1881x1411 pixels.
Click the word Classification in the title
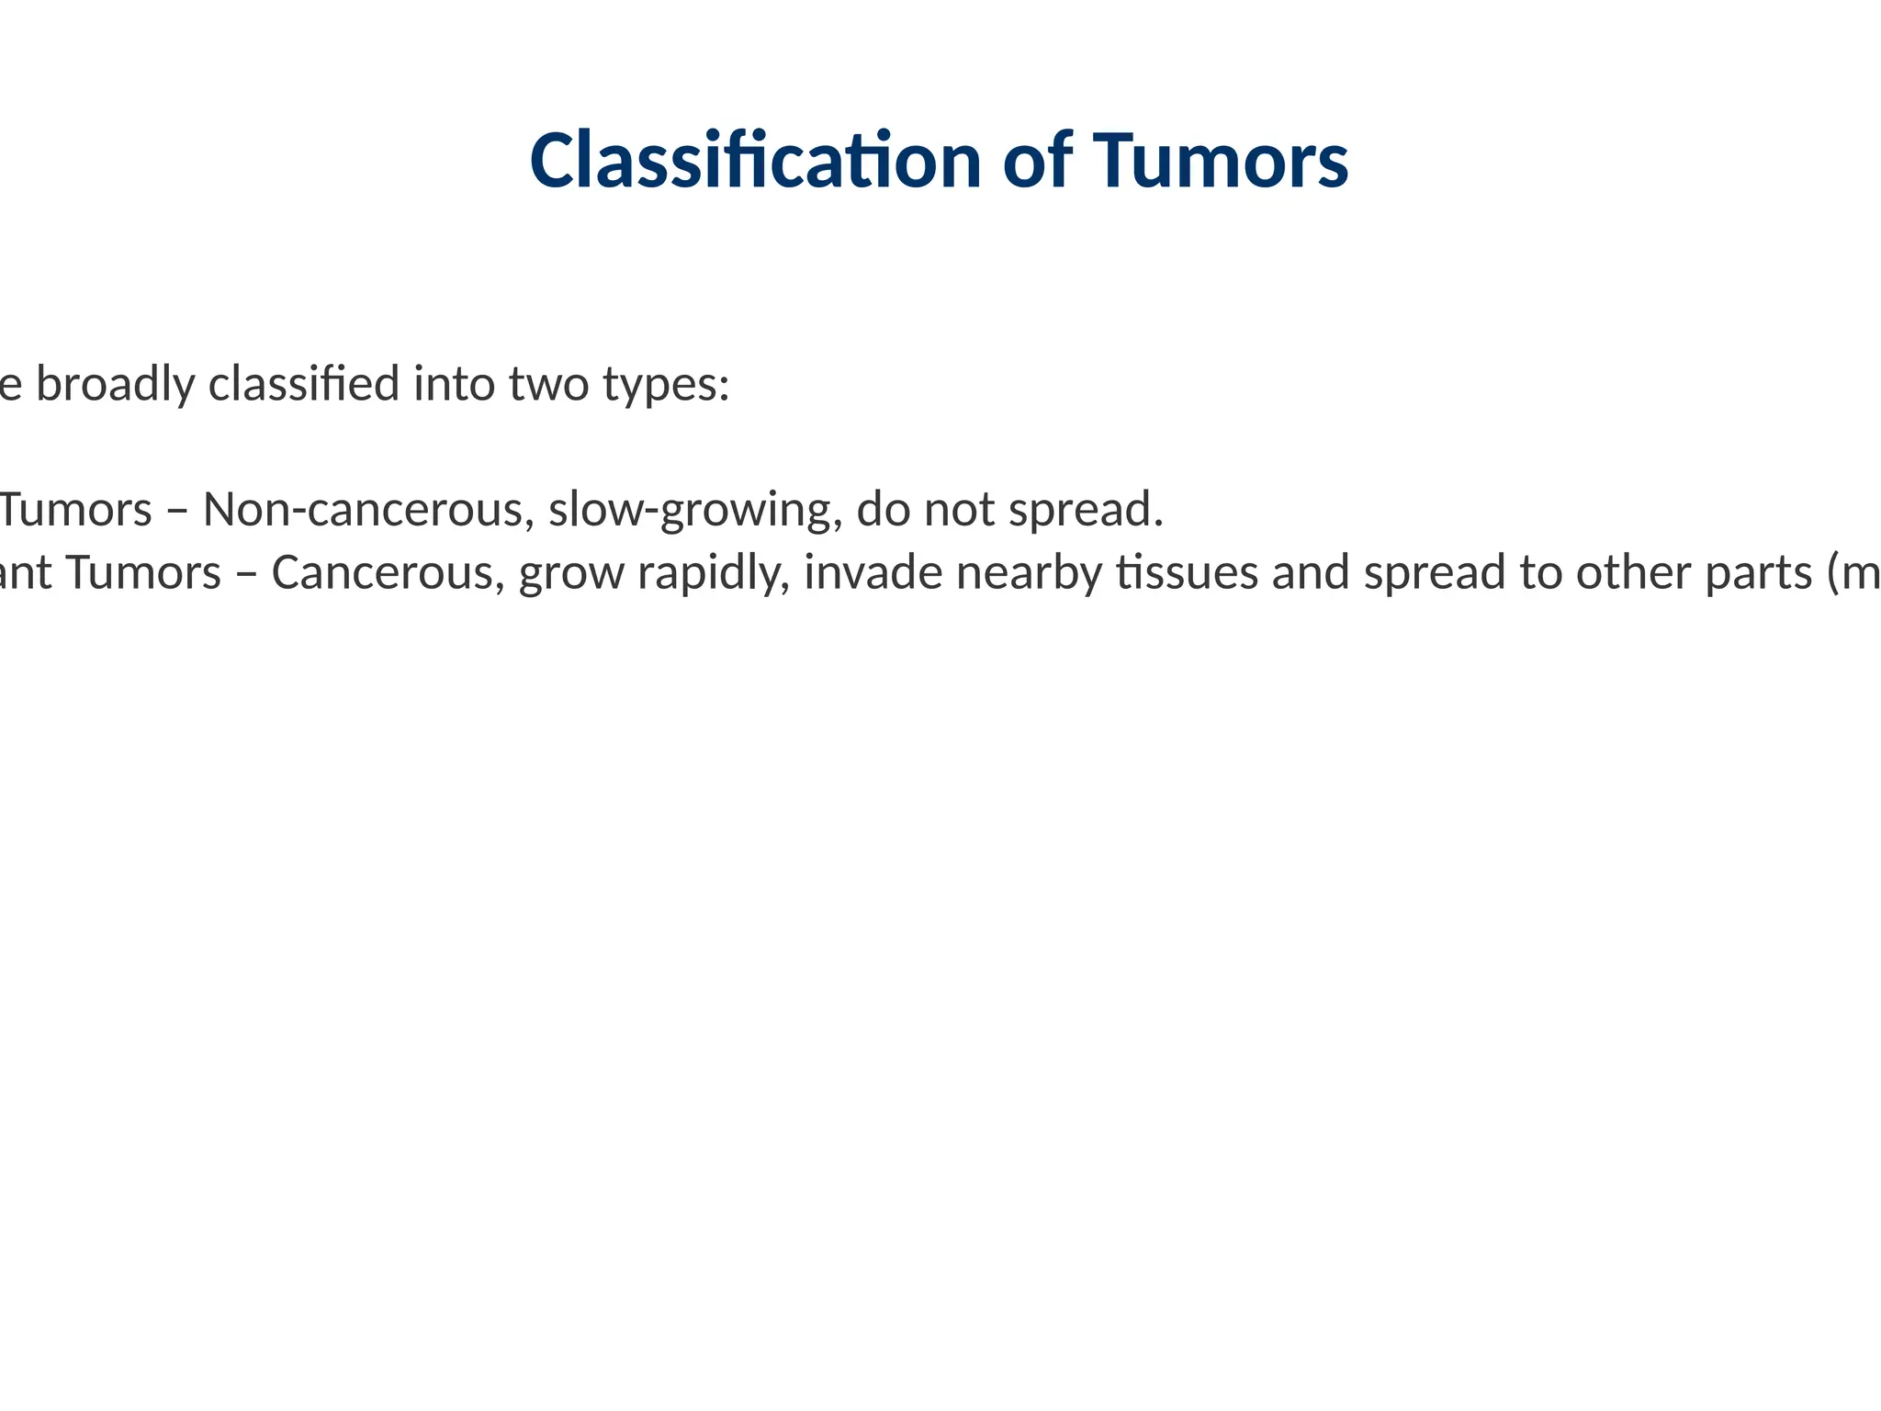pyautogui.click(x=755, y=161)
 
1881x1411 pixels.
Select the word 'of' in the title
pyautogui.click(x=1037, y=161)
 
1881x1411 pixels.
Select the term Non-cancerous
pyautogui.click(x=368, y=510)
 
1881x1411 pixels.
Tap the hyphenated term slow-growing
pyautogui.click(x=695, y=510)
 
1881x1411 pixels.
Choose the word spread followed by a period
pyautogui.click(x=1084, y=510)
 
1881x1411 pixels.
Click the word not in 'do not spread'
pyautogui.click(x=959, y=510)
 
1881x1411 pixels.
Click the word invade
pyautogui.click(x=873, y=573)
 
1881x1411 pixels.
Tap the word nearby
pyautogui.click(x=1029, y=573)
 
